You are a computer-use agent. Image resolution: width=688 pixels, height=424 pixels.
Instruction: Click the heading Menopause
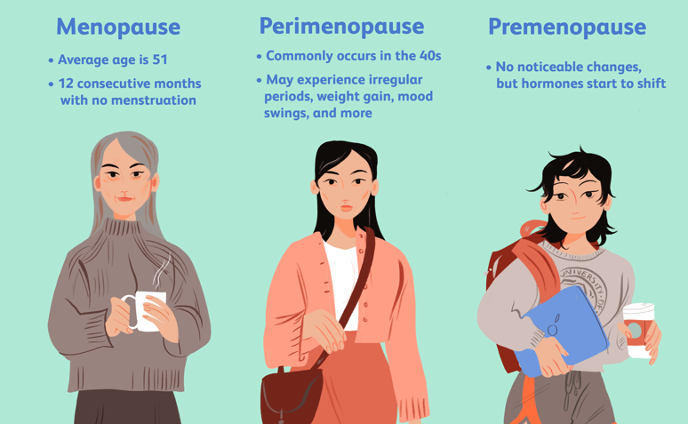118,28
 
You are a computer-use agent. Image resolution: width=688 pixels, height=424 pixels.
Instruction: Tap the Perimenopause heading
341,27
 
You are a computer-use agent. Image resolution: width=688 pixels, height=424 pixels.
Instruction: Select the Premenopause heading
567,28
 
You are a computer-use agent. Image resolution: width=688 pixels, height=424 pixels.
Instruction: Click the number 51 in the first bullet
160,60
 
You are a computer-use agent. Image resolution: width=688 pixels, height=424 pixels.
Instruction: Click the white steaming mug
145,311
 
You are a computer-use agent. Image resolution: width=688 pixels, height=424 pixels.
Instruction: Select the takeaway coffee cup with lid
639,330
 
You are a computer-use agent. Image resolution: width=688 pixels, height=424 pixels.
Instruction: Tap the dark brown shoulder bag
291,395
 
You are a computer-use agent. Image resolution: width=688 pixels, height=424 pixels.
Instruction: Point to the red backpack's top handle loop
532,228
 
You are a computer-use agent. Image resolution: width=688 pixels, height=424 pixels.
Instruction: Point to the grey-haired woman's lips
125,198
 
